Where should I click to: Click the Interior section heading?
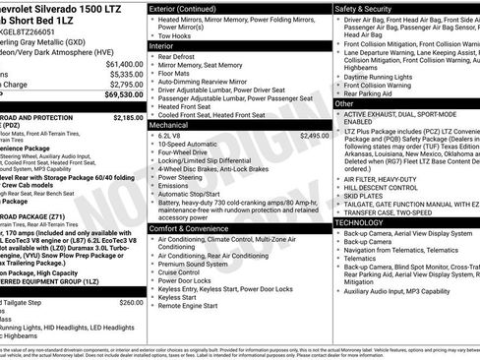163,45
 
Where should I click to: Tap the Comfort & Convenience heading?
192,227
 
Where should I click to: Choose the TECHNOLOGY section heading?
365,222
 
